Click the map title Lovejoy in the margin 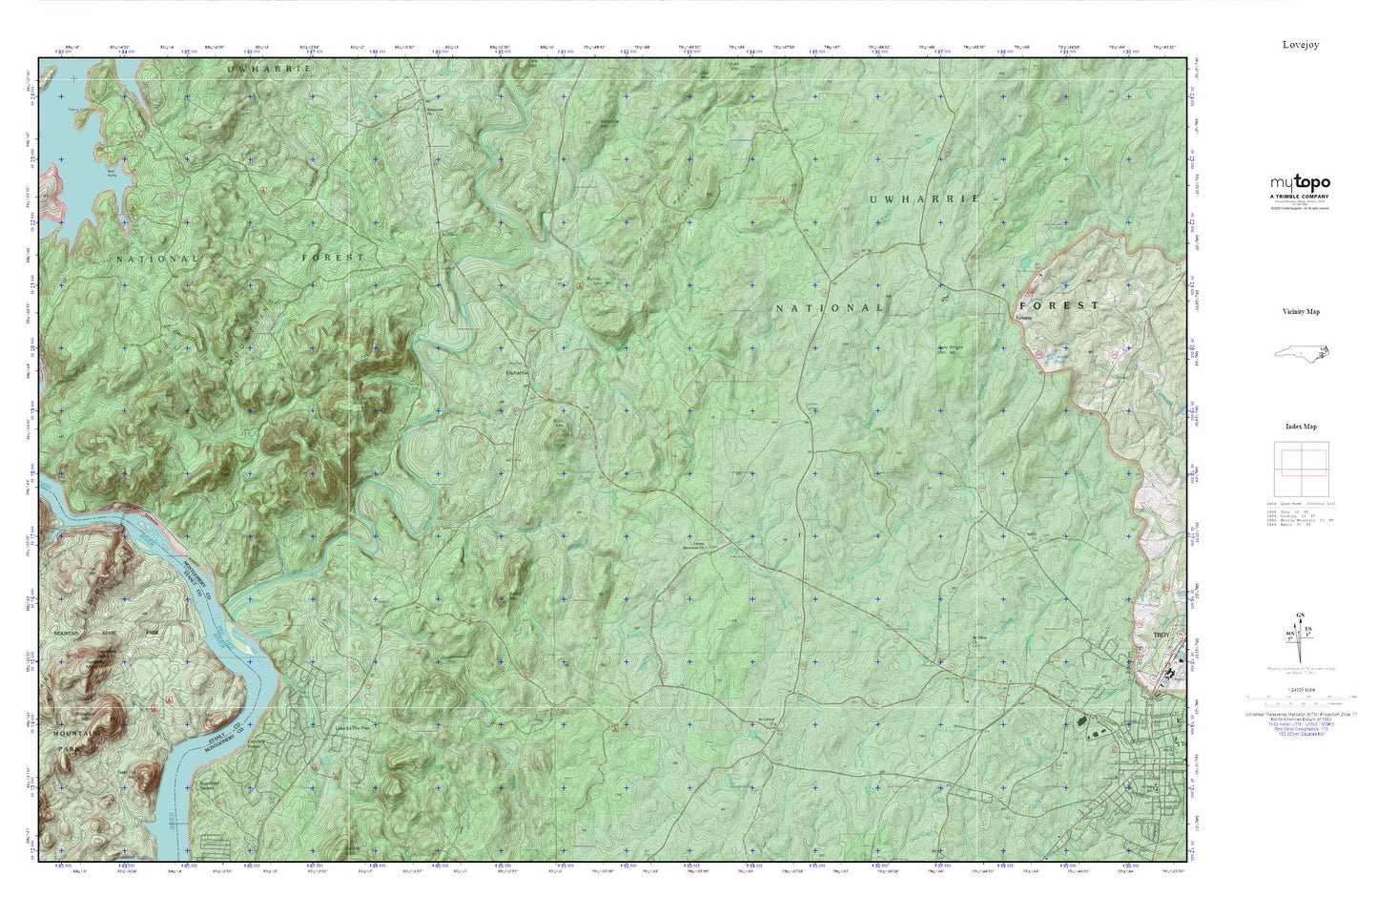[x=1301, y=45]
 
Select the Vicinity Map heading [x=1301, y=312]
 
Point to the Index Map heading [x=1301, y=427]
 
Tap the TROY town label [x=1161, y=635]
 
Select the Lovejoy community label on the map [x=1024, y=318]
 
